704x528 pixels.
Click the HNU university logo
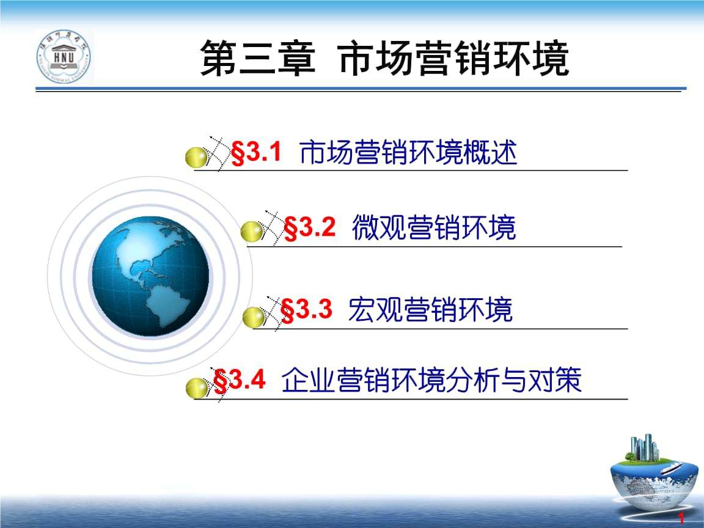point(64,57)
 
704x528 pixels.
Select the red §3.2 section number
point(310,227)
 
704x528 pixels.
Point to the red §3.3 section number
point(306,309)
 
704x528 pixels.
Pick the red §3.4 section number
point(240,380)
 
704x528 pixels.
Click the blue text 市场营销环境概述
point(408,152)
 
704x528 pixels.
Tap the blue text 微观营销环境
point(434,227)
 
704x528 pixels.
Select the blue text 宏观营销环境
point(430,309)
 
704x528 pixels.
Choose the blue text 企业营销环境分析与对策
point(431,380)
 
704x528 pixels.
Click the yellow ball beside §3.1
point(196,157)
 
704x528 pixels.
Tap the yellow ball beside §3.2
point(251,232)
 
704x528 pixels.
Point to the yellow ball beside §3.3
point(254,317)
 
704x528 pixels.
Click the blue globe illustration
point(150,276)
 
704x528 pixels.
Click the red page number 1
point(681,518)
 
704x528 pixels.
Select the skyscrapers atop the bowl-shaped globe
point(644,447)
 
